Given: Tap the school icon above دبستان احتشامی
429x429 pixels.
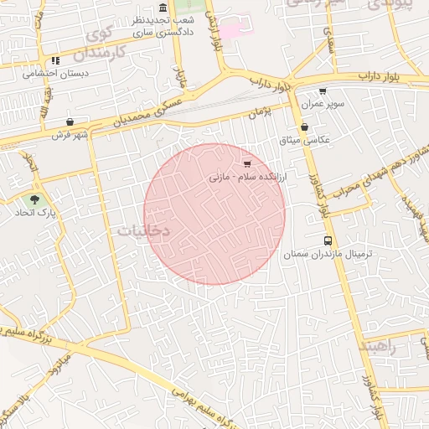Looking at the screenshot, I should [x=55, y=60].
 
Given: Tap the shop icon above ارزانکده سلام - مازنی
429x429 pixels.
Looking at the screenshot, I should [x=246, y=163].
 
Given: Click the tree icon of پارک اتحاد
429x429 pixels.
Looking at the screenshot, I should [x=34, y=199].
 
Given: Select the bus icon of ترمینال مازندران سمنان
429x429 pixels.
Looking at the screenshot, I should [x=327, y=240].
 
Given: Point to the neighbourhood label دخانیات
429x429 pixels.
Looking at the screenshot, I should [x=143, y=230].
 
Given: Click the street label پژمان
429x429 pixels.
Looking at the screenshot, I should [x=261, y=112].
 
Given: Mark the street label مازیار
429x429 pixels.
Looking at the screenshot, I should [x=179, y=79].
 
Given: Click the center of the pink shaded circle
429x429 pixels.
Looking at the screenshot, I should [x=214, y=214].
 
